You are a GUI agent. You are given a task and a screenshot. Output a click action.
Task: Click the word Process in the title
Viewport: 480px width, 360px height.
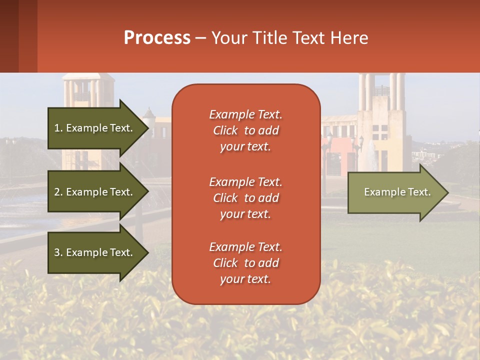(157, 38)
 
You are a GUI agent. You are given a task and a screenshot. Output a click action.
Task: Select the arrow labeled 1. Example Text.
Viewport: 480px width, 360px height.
(95, 128)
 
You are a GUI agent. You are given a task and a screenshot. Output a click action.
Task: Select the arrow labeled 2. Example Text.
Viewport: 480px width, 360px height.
(95, 192)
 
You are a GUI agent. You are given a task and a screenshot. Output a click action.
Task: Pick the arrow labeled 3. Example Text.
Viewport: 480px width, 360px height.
(95, 252)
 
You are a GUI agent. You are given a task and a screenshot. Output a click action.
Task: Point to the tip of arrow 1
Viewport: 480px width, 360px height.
(148, 128)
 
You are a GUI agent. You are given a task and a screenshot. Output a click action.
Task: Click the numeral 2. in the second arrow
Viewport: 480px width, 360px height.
(58, 192)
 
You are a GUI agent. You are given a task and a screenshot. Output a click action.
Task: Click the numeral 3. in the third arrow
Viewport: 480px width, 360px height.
(58, 252)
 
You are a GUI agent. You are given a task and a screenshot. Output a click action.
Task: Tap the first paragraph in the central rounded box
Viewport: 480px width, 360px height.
(245, 130)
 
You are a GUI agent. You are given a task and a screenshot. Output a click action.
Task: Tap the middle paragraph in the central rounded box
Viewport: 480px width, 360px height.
(245, 197)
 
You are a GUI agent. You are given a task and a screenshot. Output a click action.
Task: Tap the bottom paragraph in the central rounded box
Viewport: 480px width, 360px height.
(245, 263)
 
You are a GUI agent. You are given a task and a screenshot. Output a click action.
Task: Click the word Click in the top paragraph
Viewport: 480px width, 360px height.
(225, 130)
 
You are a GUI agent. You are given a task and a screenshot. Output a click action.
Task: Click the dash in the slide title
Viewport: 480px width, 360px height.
(201, 38)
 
